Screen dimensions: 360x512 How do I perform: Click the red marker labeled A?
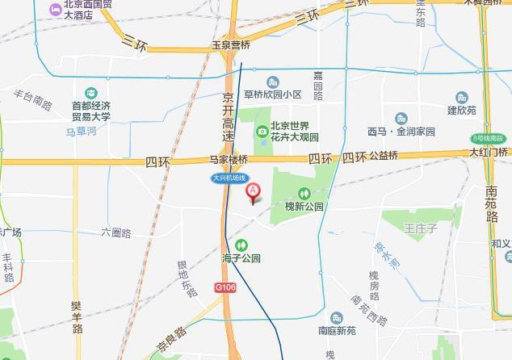click(x=253, y=192)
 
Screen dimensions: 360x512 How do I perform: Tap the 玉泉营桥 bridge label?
click(x=230, y=45)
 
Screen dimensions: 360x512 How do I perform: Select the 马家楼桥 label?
click(x=229, y=160)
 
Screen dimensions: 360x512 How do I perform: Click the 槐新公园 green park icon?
click(x=304, y=194)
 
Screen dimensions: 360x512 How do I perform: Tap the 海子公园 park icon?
click(x=241, y=245)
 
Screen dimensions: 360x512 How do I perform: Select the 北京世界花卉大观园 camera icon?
click(x=262, y=132)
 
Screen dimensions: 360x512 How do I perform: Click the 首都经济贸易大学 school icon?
click(x=90, y=93)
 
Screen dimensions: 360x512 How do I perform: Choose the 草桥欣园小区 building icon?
click(x=272, y=82)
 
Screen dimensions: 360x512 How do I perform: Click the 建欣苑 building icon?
click(x=462, y=98)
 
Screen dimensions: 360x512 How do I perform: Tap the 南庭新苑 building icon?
click(x=337, y=317)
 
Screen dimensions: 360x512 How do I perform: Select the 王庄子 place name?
click(x=421, y=229)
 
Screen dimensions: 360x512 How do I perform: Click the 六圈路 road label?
click(x=116, y=232)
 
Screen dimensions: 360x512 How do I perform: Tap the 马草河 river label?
click(x=82, y=130)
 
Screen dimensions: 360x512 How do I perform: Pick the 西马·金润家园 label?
click(x=401, y=132)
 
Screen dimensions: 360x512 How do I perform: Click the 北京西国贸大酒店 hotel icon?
click(x=55, y=10)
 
